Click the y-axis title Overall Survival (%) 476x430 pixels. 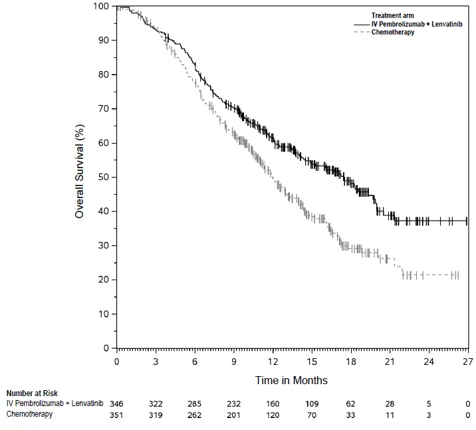[80, 176]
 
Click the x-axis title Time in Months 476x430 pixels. [292, 380]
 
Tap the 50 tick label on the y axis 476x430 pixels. [104, 177]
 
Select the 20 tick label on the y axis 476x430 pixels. [104, 280]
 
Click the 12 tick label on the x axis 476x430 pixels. [273, 362]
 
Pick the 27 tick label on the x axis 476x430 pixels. [468, 362]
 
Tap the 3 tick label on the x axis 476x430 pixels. [156, 362]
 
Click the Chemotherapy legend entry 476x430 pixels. [393, 32]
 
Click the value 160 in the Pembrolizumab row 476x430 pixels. [273, 404]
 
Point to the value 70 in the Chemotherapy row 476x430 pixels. [312, 415]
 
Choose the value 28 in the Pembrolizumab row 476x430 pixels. [390, 404]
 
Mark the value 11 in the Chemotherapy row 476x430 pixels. [390, 415]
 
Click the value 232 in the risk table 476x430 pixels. [234, 404]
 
